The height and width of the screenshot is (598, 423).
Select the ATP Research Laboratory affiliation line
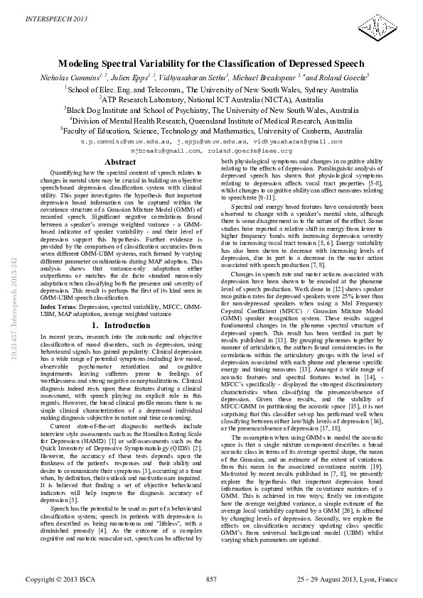212,100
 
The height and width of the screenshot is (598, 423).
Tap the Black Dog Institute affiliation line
212,111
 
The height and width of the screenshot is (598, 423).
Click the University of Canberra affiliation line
212,131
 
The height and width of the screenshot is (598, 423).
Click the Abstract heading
120,163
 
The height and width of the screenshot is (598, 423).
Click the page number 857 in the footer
211,580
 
